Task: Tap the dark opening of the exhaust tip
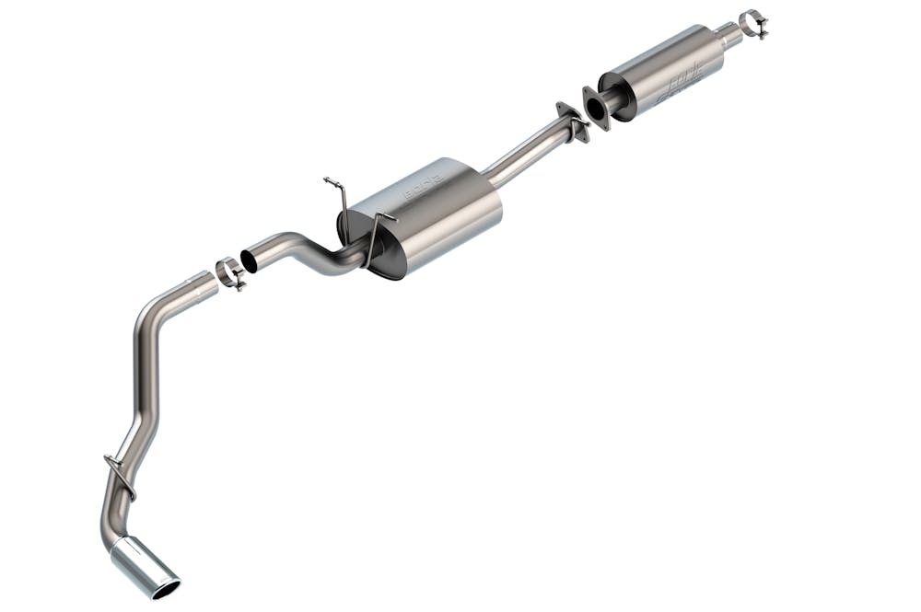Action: coord(167,583)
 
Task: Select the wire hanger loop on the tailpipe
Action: coord(119,475)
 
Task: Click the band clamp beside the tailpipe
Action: coord(230,273)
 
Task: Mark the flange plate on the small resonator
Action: coord(592,104)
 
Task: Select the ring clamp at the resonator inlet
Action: coord(754,23)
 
